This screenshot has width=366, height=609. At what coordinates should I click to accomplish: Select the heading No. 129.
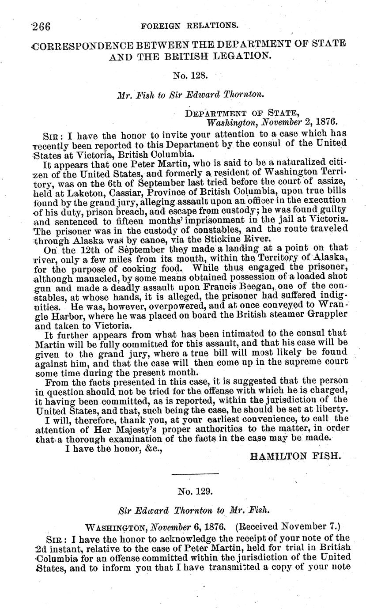coord(195,491)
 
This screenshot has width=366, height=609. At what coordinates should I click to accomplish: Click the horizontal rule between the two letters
coord(195,474)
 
